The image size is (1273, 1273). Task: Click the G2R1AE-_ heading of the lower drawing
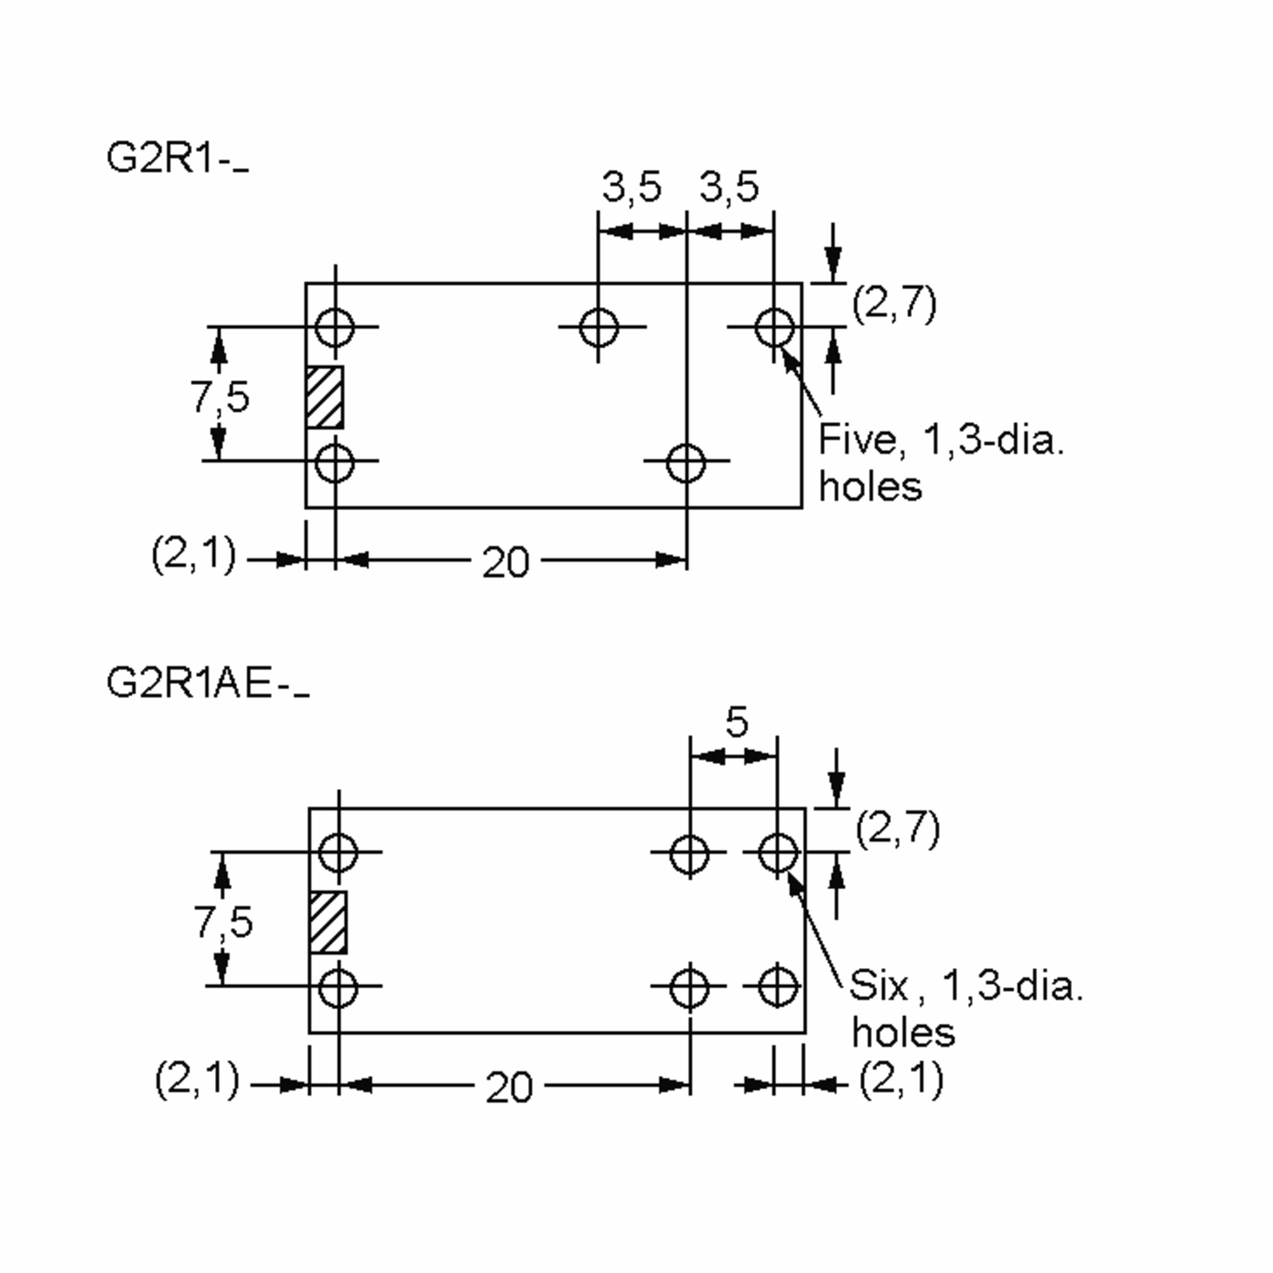pos(206,684)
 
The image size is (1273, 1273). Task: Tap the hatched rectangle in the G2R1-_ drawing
pos(324,398)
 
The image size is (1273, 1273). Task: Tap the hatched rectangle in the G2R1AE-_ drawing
pos(328,922)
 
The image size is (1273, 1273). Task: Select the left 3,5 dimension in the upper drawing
pos(631,187)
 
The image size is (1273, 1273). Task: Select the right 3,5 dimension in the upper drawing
pos(728,187)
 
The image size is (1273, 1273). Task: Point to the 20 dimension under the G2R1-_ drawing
pos(505,563)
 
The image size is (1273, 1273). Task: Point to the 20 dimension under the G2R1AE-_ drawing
pos(509,1088)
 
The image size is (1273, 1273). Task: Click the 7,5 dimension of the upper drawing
pos(220,397)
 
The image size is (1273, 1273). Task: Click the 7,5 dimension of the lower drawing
pos(223,922)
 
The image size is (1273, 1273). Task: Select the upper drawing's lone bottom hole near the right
pos(686,463)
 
